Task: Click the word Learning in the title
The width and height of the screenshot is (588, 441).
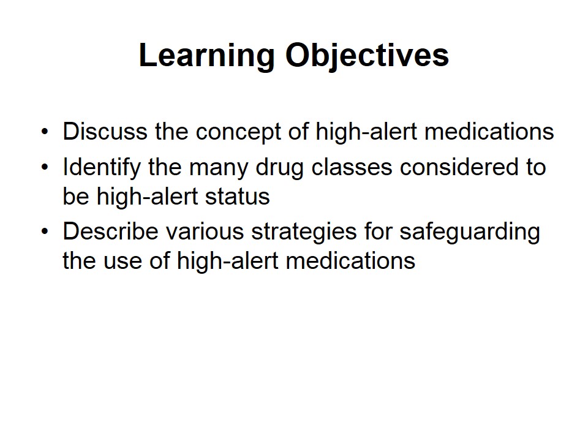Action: pos(206,56)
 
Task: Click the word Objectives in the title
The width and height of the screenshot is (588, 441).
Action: pos(367,56)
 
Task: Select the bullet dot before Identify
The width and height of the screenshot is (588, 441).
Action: pos(45,167)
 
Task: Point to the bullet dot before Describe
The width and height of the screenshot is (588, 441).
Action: pos(45,232)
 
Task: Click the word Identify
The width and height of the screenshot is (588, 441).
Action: pos(102,168)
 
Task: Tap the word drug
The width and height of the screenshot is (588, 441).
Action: pos(279,168)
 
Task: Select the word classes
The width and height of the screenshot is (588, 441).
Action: pos(352,167)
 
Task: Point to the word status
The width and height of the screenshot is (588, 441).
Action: pos(238,197)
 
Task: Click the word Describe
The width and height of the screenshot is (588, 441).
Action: pos(111,231)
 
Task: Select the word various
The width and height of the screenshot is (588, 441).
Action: pos(205,232)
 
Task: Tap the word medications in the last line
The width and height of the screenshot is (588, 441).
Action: pos(350,260)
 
